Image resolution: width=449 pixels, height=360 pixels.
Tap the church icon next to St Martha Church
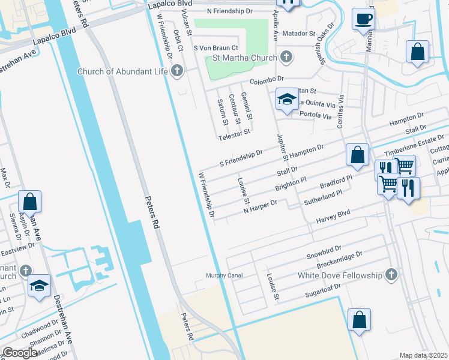point(286,58)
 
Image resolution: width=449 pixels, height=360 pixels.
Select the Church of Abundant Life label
point(123,72)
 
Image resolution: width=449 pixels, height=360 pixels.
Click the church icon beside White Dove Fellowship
point(391,275)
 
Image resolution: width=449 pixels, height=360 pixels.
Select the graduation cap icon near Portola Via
point(287,100)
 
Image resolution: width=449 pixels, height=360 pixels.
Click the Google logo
point(20,352)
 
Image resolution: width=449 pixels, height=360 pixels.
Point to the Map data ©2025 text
point(423,355)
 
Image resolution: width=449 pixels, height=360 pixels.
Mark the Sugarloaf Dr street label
point(322,290)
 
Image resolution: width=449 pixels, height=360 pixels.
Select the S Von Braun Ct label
point(216,47)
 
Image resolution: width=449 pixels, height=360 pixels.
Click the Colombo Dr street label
point(267,79)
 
